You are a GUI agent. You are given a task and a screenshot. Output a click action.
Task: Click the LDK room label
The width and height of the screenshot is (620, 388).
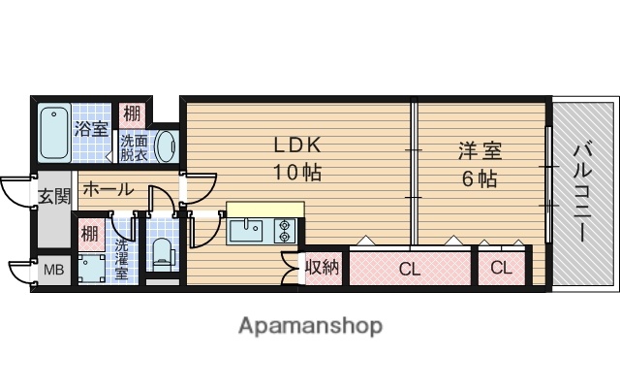[295, 146]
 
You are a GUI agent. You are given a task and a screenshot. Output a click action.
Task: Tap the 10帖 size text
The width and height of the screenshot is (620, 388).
[295, 174]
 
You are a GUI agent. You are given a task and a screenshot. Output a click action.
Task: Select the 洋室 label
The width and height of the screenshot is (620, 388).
[480, 152]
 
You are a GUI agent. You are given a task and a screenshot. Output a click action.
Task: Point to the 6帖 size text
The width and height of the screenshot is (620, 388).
[479, 179]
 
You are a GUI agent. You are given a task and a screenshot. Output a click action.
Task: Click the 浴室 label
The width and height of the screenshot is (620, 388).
[92, 127]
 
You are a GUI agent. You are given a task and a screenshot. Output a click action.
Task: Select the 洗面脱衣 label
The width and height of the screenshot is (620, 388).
[134, 146]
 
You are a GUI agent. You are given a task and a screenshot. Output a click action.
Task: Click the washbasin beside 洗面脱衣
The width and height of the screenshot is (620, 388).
[166, 146]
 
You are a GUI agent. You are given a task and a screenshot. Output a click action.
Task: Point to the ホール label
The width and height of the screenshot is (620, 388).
[107, 189]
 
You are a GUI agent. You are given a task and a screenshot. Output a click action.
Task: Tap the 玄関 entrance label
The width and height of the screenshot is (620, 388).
[54, 197]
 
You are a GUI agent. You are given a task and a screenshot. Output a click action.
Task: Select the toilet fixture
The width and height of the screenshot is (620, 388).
[161, 254]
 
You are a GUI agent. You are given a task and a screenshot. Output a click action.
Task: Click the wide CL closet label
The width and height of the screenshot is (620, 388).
[410, 270]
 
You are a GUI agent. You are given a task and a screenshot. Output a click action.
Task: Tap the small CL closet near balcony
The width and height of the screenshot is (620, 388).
[501, 268]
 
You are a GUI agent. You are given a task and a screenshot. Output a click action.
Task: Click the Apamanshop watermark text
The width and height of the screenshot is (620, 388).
[310, 325]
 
